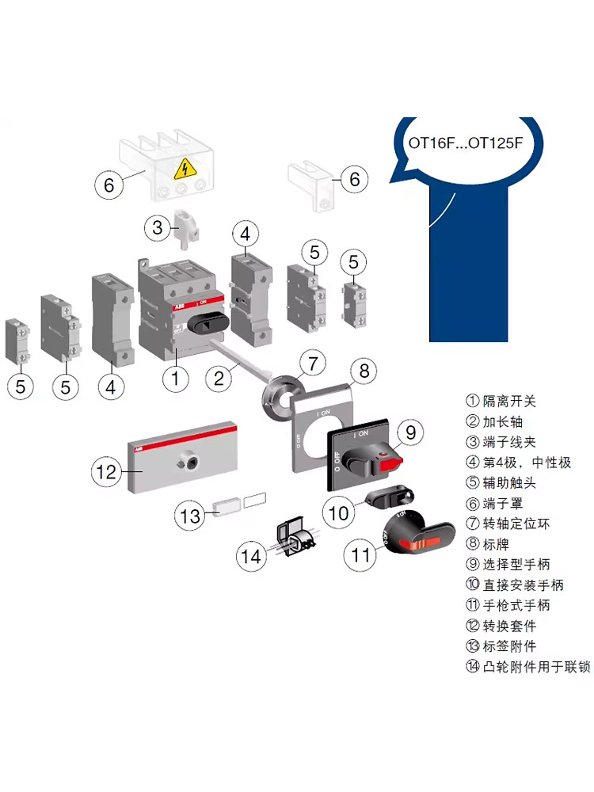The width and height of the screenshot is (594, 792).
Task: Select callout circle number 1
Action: pyautogui.click(x=176, y=378)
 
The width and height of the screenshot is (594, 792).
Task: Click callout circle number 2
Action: pyautogui.click(x=219, y=378)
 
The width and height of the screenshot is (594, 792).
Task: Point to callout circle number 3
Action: pyautogui.click(x=158, y=228)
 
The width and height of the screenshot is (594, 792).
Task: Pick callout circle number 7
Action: pyautogui.click(x=312, y=364)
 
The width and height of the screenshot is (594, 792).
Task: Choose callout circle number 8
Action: pyautogui.click(x=364, y=370)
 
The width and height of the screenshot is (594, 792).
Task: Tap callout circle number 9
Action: pyautogui.click(x=410, y=432)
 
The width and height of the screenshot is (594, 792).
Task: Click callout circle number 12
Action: pyautogui.click(x=106, y=472)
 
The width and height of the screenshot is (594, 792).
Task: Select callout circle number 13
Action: pyautogui.click(x=190, y=516)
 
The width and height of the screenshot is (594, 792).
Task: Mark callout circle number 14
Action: pyautogui.click(x=251, y=557)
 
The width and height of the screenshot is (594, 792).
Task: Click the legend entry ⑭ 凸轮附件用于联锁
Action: pyautogui.click(x=527, y=667)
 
